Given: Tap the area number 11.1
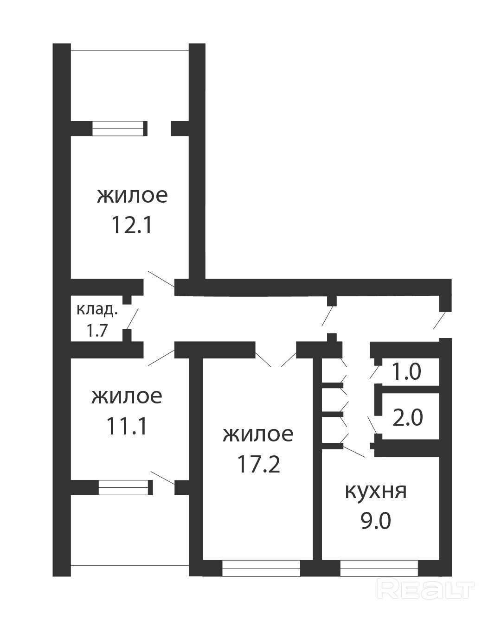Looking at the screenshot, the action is (x=127, y=427).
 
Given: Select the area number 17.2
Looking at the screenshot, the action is (x=258, y=464).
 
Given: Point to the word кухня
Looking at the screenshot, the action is (x=376, y=492).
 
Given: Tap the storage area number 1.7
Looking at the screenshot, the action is (x=97, y=331).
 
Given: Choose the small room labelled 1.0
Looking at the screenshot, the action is (x=407, y=372).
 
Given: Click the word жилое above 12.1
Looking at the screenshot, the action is (x=132, y=196).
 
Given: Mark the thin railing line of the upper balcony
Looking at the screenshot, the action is (x=130, y=51).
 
